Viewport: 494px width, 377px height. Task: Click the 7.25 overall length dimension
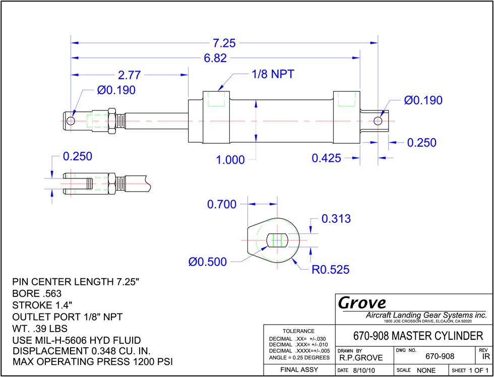click(224, 43)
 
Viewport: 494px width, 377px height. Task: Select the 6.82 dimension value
click(216, 58)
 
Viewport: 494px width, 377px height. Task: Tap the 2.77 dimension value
click(129, 75)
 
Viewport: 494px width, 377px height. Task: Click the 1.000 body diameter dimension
click(230, 160)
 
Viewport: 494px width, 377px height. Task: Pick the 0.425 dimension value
click(327, 158)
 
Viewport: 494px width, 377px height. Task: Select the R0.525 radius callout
click(331, 270)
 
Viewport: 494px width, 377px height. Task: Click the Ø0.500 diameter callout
click(208, 262)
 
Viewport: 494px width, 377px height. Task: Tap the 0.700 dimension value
click(222, 205)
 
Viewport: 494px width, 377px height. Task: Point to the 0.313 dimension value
click(336, 219)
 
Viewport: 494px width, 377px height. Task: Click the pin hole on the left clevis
click(71, 120)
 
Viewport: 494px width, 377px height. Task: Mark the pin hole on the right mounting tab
click(378, 120)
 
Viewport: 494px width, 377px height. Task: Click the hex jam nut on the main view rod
click(112, 120)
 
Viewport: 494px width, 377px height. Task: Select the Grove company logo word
click(362, 303)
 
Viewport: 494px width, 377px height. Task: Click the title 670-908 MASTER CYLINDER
click(418, 336)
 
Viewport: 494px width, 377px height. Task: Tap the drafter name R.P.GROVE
click(361, 358)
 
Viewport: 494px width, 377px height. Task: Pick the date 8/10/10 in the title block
click(363, 370)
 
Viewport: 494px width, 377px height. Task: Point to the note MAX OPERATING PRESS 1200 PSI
click(93, 361)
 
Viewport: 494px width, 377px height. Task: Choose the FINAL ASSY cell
click(299, 369)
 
